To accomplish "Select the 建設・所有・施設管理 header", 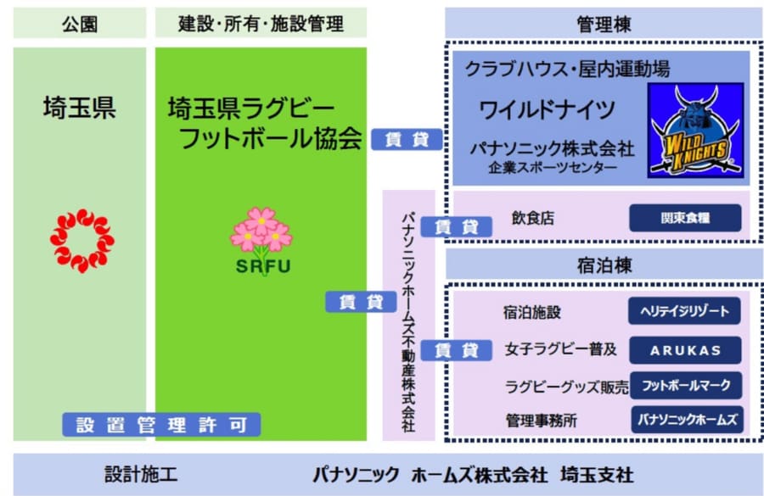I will coord(261,23).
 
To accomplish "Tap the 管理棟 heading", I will coord(603,23).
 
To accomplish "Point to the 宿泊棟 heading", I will coord(603,265).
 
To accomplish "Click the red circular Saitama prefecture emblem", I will coord(82,242).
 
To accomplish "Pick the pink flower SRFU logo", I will coord(261,239).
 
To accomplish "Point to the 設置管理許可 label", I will coord(161,425).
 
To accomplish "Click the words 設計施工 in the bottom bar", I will coord(141,474).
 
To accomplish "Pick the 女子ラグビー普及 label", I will coord(559,349).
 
